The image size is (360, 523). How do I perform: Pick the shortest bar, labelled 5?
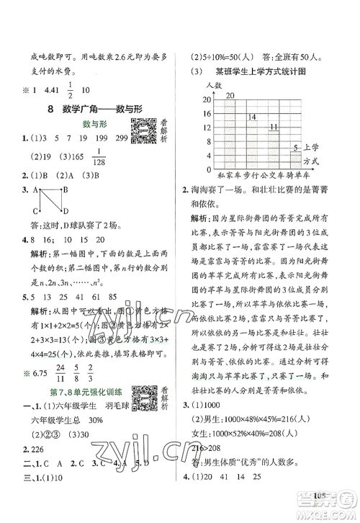click(295, 161)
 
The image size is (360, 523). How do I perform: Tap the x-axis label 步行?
click(251, 175)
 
